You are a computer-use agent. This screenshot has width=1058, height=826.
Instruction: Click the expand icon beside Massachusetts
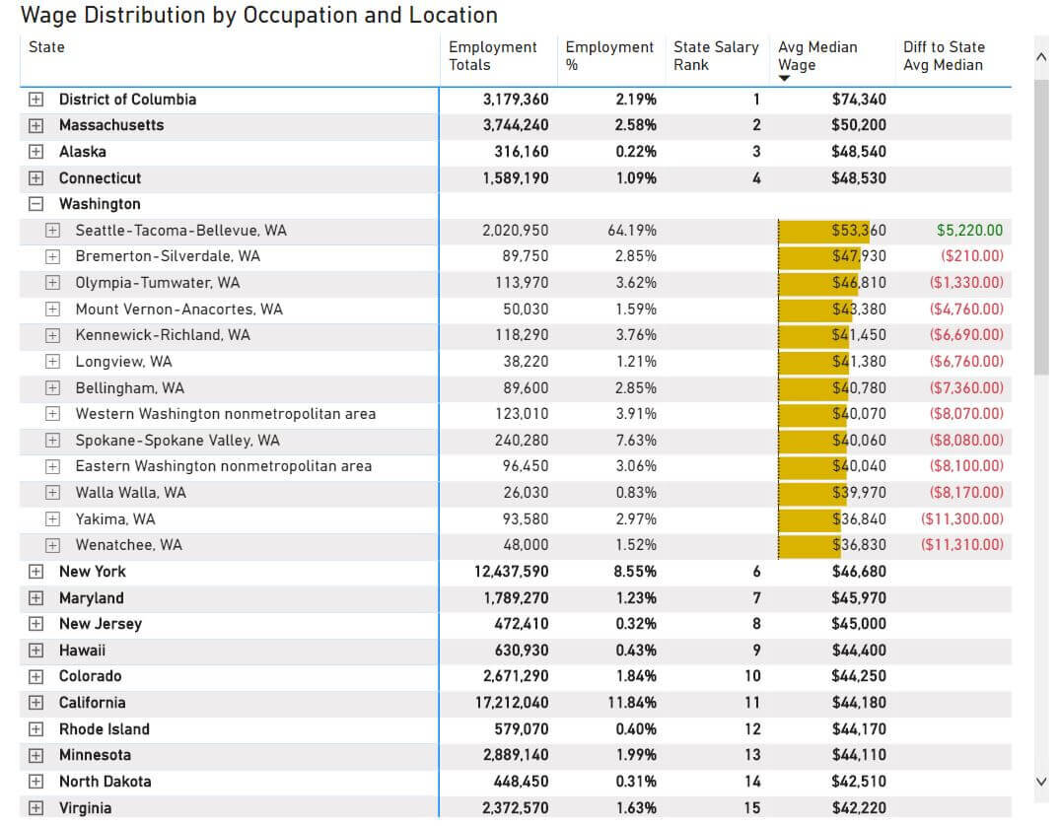pyautogui.click(x=36, y=125)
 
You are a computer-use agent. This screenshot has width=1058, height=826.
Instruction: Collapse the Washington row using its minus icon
pyautogui.click(x=36, y=204)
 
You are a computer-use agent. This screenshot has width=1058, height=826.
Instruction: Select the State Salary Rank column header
pyautogui.click(x=716, y=55)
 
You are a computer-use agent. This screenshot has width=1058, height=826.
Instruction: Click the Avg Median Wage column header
pyautogui.click(x=817, y=55)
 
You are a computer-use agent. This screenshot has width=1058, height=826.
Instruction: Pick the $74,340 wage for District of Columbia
pyautogui.click(x=858, y=100)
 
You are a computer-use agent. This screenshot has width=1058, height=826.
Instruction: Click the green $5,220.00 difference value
pyautogui.click(x=969, y=231)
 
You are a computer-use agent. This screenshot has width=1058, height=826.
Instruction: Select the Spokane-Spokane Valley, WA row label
pyautogui.click(x=177, y=441)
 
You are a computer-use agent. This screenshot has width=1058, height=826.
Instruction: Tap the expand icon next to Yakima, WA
pyautogui.click(x=53, y=519)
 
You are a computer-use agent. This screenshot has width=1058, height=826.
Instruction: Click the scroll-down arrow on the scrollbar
pyautogui.click(x=1041, y=782)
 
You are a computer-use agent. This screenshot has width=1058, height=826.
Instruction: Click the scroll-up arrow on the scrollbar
pyautogui.click(x=1041, y=58)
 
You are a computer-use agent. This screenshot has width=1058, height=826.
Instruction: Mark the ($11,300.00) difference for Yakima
pyautogui.click(x=961, y=519)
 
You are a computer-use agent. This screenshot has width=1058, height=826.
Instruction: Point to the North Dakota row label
pyautogui.click(x=105, y=782)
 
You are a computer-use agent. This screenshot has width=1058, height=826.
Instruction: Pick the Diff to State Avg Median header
pyautogui.click(x=944, y=55)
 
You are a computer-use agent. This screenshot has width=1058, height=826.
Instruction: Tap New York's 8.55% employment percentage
pyautogui.click(x=635, y=572)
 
